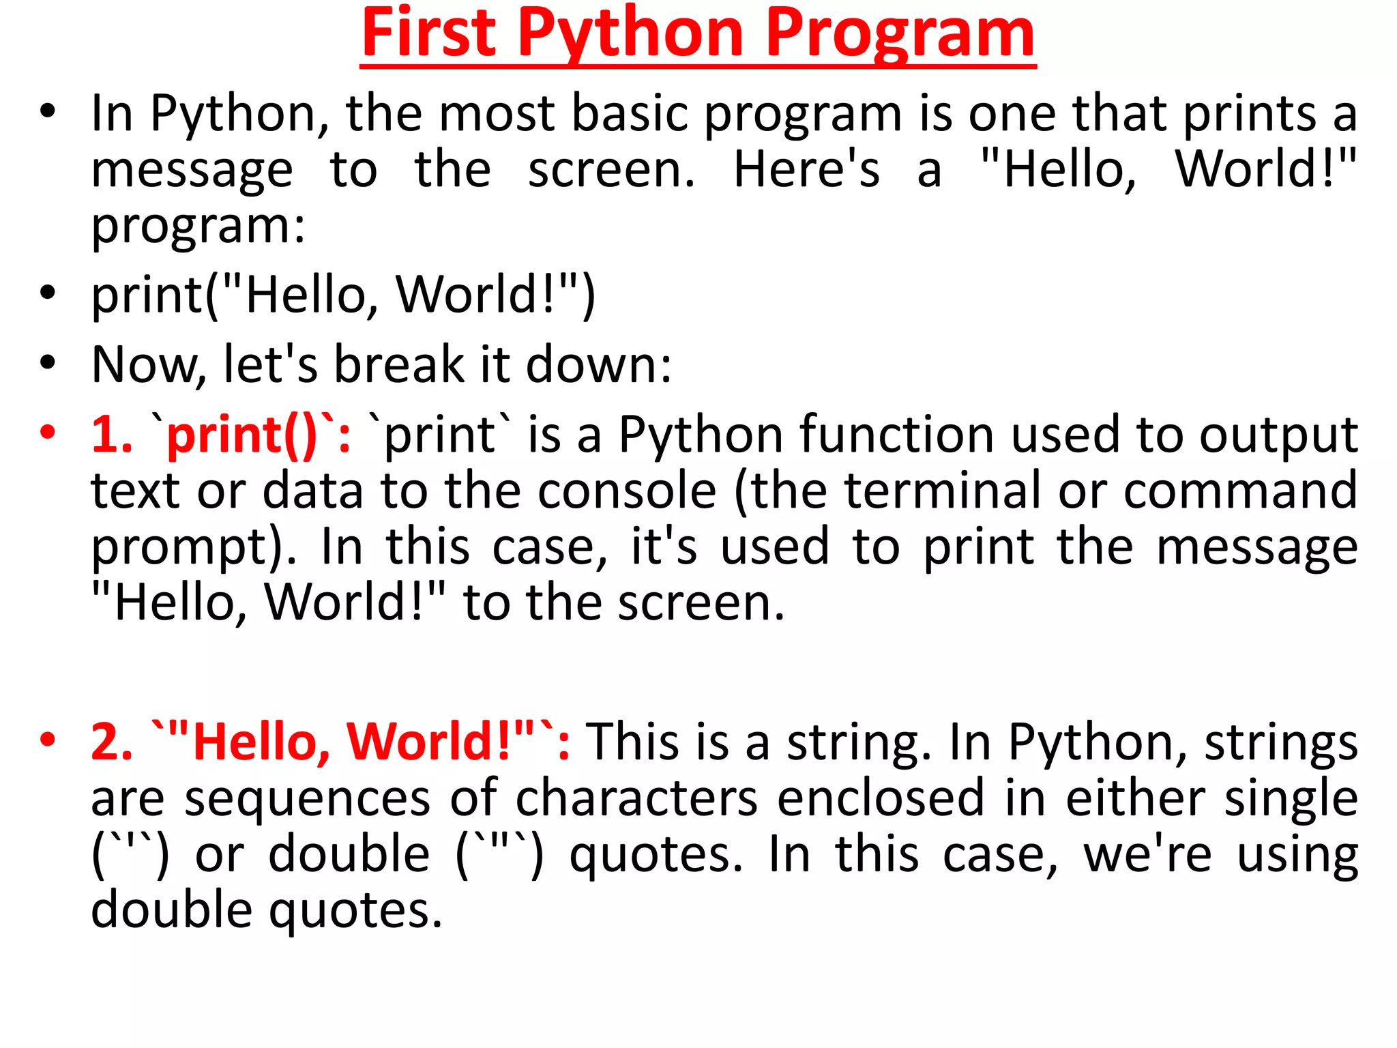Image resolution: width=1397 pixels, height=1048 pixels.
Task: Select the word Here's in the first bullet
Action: [x=807, y=169]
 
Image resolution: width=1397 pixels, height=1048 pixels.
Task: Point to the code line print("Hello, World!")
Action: [x=344, y=295]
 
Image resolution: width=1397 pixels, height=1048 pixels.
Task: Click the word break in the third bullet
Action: [x=399, y=365]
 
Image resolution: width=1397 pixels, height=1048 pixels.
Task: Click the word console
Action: [x=627, y=491]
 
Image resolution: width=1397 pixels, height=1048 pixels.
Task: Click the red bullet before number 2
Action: [x=47, y=740]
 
